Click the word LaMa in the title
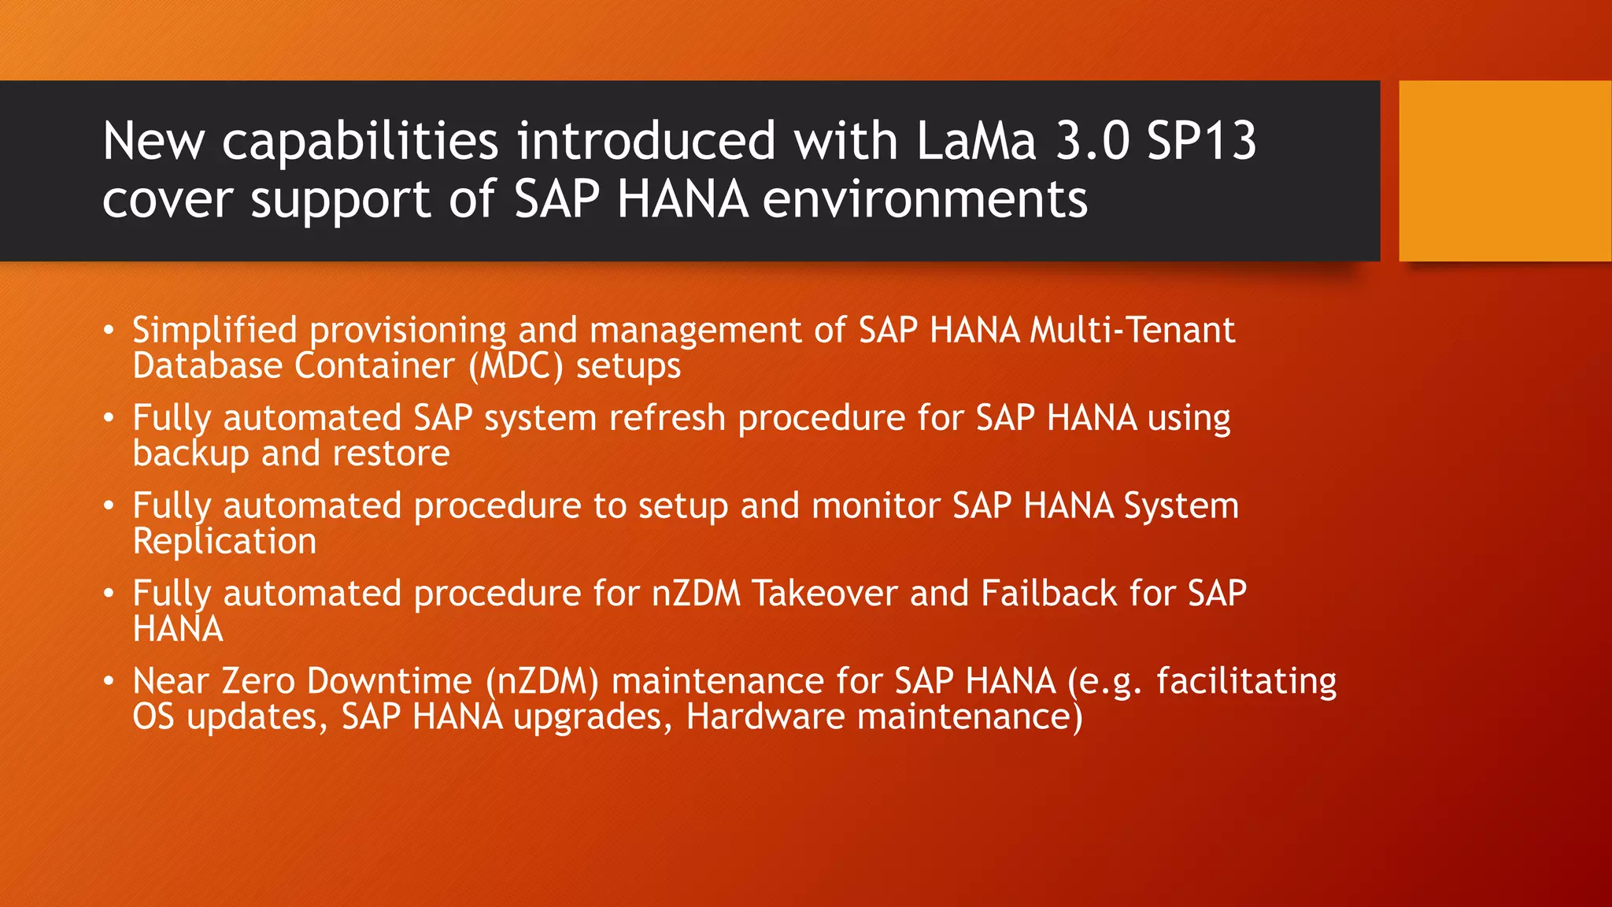[976, 142]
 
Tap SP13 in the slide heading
[1201, 142]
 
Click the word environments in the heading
[925, 199]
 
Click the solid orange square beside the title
[1505, 170]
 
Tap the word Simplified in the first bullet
[215, 331]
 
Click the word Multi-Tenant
[1133, 330]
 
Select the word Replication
[224, 542]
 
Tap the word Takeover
[825, 594]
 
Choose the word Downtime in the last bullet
[390, 681]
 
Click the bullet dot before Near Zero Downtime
[109, 680]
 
